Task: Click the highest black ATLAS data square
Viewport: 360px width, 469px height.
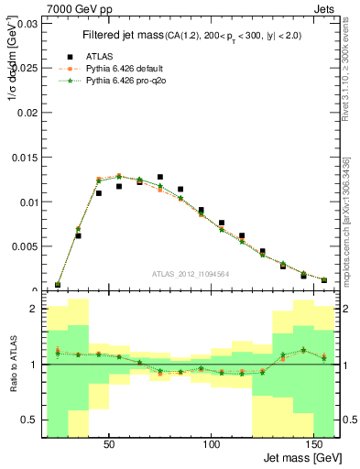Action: pyautogui.click(x=160, y=177)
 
